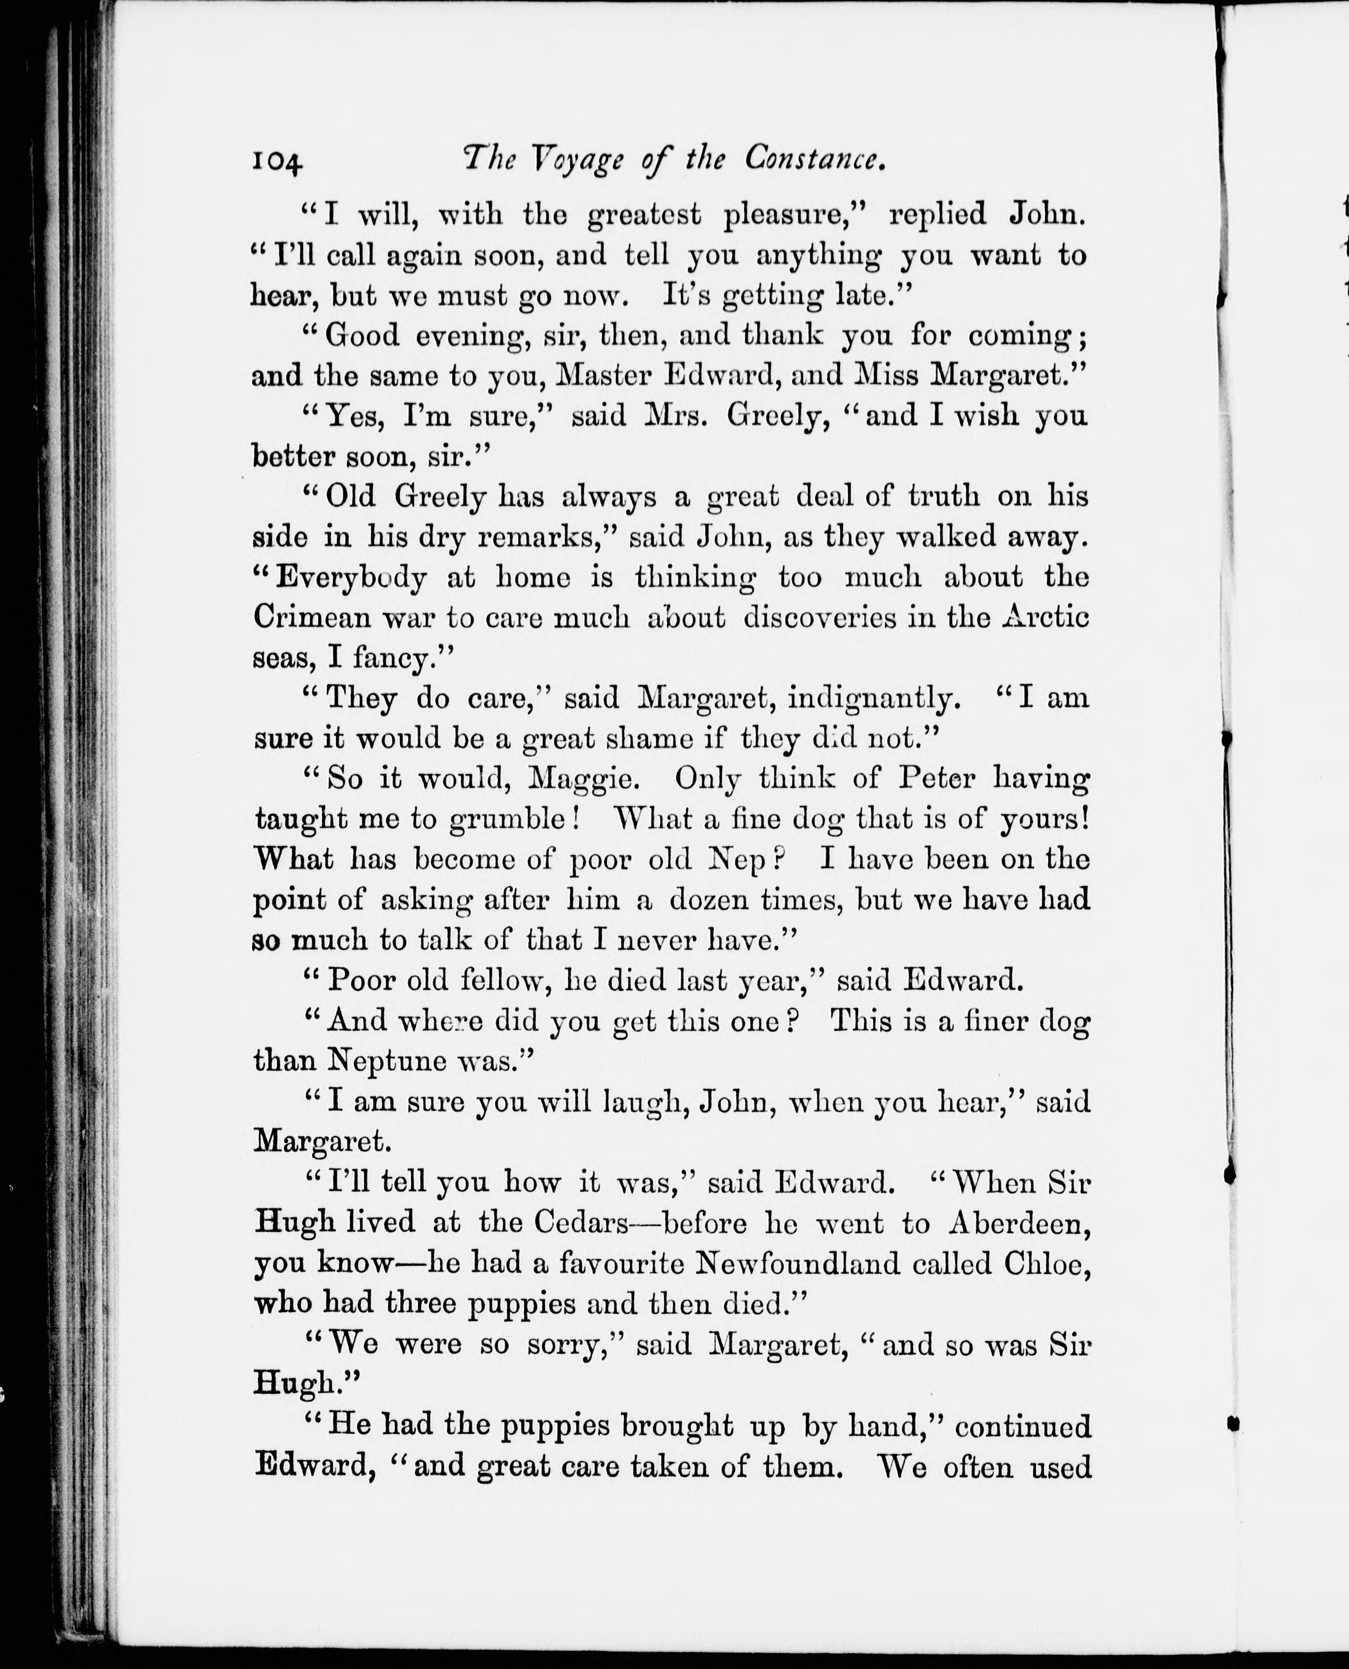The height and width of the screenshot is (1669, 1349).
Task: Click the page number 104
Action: click(x=276, y=162)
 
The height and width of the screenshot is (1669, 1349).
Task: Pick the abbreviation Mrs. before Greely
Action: click(x=676, y=416)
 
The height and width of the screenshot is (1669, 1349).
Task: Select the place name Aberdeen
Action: click(x=1020, y=1223)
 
